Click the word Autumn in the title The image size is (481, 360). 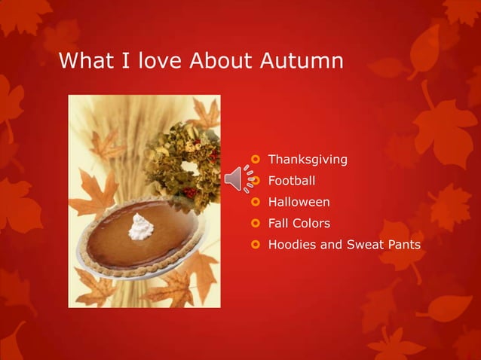click(302, 59)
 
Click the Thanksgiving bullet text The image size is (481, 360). click(308, 159)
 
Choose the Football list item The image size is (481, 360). click(292, 181)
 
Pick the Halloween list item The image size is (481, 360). click(299, 202)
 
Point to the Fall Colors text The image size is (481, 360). click(299, 223)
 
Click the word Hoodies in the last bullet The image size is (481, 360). click(294, 244)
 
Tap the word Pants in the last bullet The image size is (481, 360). click(403, 244)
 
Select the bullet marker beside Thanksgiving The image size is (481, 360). click(256, 160)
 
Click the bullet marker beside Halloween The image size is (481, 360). click(256, 203)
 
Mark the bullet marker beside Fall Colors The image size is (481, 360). click(256, 224)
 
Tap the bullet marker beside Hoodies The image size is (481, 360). click(256, 245)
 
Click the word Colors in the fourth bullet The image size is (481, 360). click(311, 223)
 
